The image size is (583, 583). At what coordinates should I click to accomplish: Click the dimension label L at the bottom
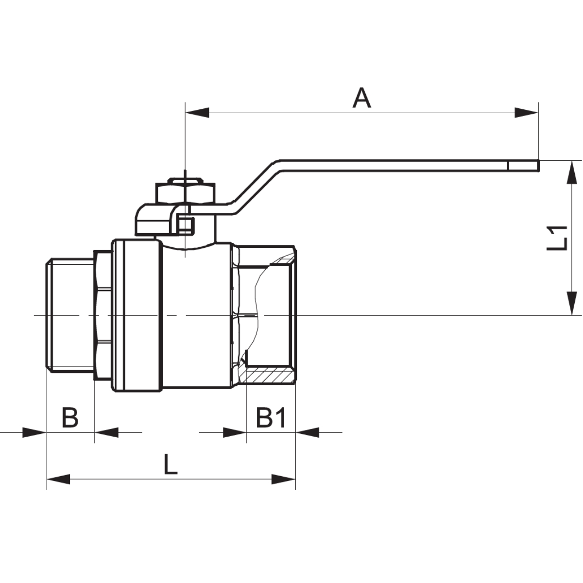click(x=170, y=464)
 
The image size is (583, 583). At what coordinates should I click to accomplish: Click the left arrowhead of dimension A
click(x=197, y=113)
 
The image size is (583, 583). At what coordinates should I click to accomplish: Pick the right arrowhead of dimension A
click(x=527, y=113)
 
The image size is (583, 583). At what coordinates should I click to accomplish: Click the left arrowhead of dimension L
click(x=59, y=479)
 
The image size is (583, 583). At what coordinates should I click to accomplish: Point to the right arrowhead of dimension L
click(x=283, y=479)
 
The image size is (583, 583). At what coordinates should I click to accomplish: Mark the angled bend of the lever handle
click(x=255, y=182)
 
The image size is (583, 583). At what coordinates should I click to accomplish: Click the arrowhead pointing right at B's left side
click(x=34, y=431)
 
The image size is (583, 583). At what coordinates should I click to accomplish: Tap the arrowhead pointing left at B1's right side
click(x=308, y=431)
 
